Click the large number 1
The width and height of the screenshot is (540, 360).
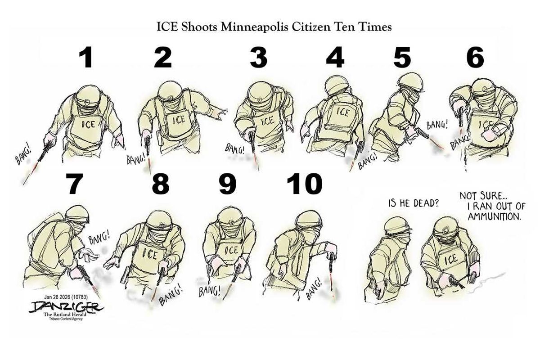point(86,58)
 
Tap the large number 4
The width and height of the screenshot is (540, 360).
point(335,58)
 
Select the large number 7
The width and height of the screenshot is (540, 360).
point(74,184)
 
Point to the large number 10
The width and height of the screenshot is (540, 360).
point(305,184)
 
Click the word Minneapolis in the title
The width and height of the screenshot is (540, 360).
point(254,27)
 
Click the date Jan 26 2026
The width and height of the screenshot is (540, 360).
point(57,297)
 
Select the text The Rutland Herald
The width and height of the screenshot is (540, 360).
point(65,315)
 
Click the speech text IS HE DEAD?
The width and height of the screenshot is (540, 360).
point(413,203)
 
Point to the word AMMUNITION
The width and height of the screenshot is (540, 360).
point(494,217)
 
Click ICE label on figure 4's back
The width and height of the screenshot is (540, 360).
point(342,112)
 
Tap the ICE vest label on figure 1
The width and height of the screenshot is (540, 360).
point(88,124)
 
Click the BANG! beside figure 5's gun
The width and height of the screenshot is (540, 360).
point(437,126)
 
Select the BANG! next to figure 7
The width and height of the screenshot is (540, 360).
point(99,238)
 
